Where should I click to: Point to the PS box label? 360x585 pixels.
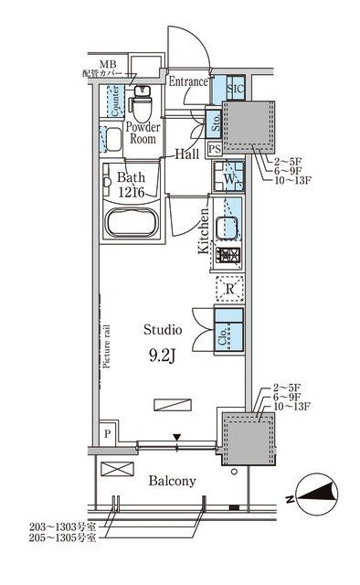215,149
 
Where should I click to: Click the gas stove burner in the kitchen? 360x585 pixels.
228,258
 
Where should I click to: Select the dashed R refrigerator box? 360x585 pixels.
228,290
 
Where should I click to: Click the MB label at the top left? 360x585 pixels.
109,64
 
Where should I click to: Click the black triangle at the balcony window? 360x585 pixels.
177,437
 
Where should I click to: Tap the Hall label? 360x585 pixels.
188,154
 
